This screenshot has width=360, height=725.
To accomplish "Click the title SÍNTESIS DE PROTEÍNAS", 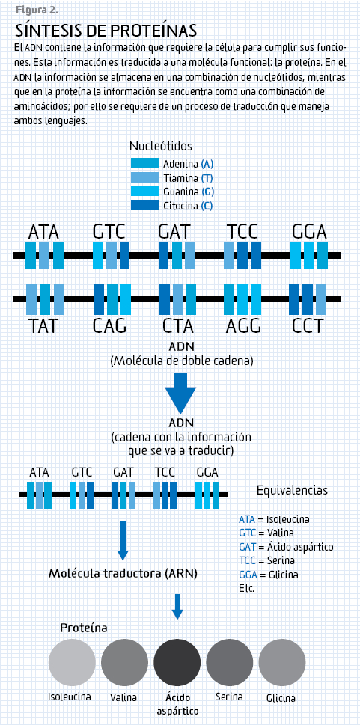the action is coord(106,31).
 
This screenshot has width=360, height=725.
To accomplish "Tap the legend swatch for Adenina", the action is coord(144,164).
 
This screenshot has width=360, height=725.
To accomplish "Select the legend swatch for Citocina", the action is coord(144,205).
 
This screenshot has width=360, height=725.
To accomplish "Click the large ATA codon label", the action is coord(44,231).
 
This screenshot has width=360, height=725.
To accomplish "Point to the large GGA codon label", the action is coord(309,231).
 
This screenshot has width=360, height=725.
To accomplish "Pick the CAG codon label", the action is coord(109,326).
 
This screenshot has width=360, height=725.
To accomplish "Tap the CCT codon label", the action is coord(308,326).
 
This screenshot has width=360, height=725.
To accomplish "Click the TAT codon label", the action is coord(44,326).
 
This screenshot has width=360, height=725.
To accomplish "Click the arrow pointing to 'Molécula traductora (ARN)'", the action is coord(123,541).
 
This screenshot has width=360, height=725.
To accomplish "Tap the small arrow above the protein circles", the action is coord(177,606).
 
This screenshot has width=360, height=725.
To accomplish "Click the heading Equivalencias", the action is coord(292,490).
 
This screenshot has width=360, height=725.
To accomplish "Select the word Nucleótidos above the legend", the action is coord(161,146).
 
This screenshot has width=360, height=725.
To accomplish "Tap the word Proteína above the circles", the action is coord(84,628).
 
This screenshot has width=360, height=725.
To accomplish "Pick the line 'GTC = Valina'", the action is coord(266,533).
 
